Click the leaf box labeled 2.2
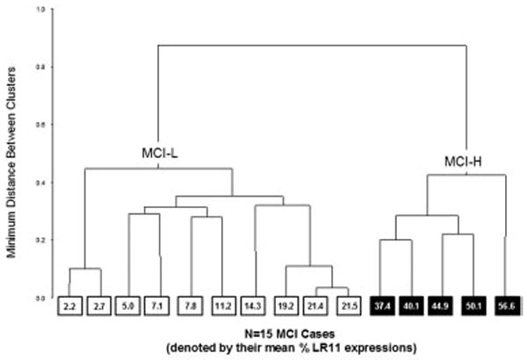tap(70, 307)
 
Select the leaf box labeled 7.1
tap(157, 307)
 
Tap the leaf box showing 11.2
tap(220, 307)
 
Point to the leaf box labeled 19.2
tap(288, 307)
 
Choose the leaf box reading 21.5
tap(347, 307)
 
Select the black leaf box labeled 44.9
tap(443, 307)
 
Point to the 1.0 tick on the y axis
tap(40, 10)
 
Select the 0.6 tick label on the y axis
tap(40, 125)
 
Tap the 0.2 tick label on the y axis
tap(40, 240)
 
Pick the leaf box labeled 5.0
tap(129, 307)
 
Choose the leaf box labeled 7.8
tap(191, 307)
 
